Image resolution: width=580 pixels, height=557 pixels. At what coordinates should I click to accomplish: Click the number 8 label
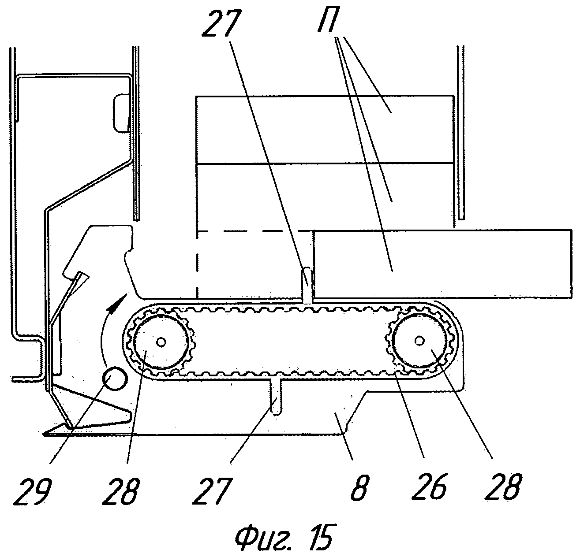coord(360,486)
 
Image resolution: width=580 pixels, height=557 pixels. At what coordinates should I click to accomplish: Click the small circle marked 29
coord(114,379)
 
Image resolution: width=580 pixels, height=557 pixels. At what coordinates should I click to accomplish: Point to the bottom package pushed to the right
coord(441,263)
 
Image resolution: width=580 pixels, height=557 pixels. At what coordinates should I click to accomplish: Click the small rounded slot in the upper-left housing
coord(121,112)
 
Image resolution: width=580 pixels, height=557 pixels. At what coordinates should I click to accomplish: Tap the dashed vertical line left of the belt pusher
coord(197,264)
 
